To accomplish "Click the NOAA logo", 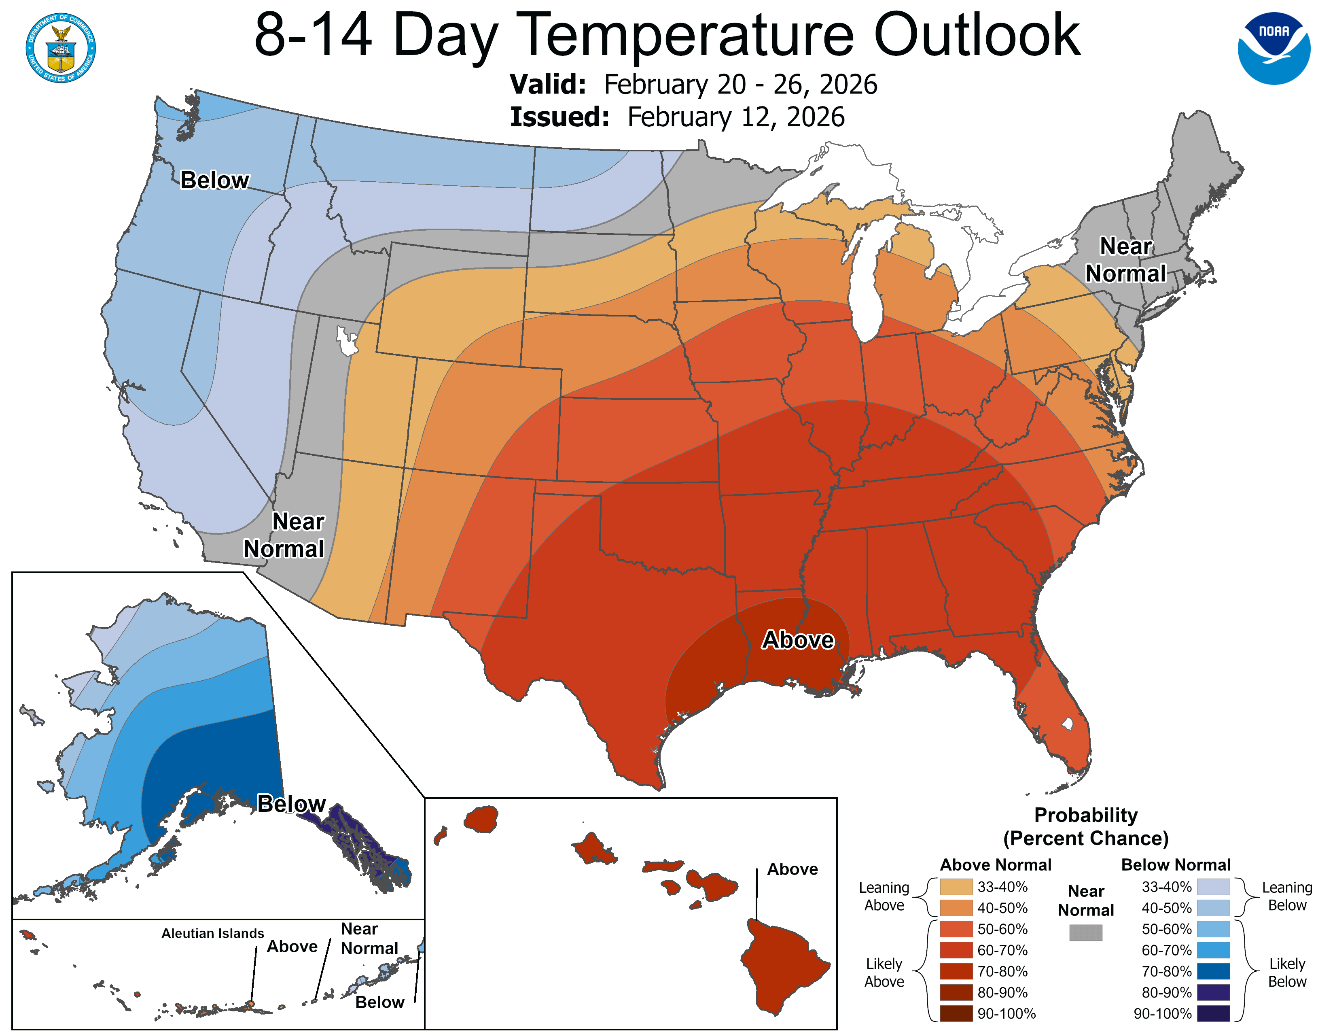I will (1274, 48).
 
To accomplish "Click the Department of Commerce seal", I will (61, 48).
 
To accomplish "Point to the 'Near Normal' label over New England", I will (1125, 260).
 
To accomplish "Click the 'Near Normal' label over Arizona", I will (284, 535).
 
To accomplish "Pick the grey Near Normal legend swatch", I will (1086, 932).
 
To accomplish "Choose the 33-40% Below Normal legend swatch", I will (1213, 886).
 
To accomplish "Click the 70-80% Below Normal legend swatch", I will (1213, 971).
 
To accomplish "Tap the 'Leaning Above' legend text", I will (884, 896).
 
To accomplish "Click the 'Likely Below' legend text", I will (1287, 973).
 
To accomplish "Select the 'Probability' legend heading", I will (1086, 815).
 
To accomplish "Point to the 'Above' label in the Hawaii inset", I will (792, 869).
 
